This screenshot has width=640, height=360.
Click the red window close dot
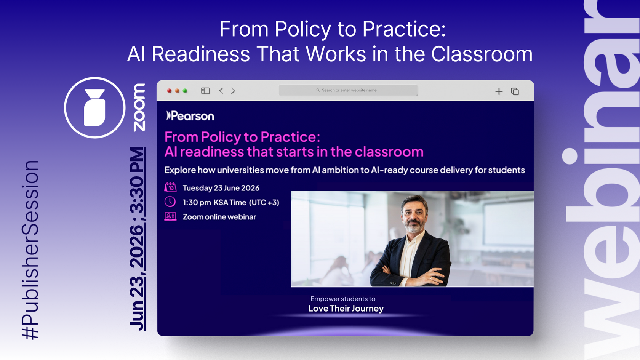pyautogui.click(x=169, y=91)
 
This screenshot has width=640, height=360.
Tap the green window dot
pyautogui.click(x=185, y=91)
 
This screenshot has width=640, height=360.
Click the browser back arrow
pyautogui.click(x=221, y=91)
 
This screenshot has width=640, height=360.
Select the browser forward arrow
pyautogui.click(x=233, y=91)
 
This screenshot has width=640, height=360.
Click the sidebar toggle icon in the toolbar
pyautogui.click(x=205, y=91)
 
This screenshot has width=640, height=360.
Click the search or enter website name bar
pyautogui.click(x=348, y=90)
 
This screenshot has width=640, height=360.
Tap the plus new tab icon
pyautogui.click(x=499, y=91)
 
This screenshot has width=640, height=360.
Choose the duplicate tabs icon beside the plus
pyautogui.click(x=515, y=91)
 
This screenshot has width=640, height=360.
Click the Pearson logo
pyautogui.click(x=190, y=116)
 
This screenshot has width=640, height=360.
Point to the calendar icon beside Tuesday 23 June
pyautogui.click(x=170, y=187)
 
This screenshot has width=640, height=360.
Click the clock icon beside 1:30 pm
pyautogui.click(x=170, y=202)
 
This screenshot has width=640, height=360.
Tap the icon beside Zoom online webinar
pyautogui.click(x=170, y=216)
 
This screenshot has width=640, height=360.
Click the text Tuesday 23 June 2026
pyautogui.click(x=221, y=188)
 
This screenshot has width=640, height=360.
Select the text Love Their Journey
pyautogui.click(x=346, y=309)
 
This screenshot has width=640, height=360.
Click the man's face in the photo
pyautogui.click(x=414, y=214)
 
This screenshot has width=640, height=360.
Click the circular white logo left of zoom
pyautogui.click(x=94, y=108)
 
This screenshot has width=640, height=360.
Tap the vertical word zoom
pyautogui.click(x=139, y=107)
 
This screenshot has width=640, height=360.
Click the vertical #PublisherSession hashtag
pyautogui.click(x=30, y=250)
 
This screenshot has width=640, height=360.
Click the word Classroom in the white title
pyautogui.click(x=482, y=54)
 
